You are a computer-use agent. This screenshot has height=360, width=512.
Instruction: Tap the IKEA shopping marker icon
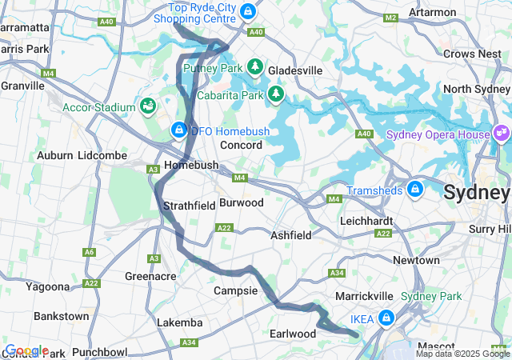[x=386, y=318]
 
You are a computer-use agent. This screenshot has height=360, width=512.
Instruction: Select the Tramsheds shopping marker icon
[x=414, y=190]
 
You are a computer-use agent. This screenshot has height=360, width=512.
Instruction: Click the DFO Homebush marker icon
[x=178, y=130]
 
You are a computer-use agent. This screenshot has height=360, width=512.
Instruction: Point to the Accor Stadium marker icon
[x=148, y=106]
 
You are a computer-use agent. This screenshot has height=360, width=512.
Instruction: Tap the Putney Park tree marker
[x=255, y=67]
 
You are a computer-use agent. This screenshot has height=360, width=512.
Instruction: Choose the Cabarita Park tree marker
[x=276, y=94]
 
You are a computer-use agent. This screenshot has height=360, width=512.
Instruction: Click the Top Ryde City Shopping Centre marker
[x=248, y=11]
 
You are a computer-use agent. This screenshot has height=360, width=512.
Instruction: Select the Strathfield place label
[x=190, y=206]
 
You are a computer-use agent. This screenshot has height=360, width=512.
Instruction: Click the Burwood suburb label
[x=241, y=203]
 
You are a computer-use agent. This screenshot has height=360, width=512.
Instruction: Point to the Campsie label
[x=235, y=291]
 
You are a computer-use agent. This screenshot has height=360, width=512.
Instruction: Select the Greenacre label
[x=150, y=277]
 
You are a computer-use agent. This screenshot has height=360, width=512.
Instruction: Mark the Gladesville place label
[x=295, y=70]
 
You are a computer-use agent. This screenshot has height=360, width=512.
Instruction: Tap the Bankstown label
[x=62, y=316]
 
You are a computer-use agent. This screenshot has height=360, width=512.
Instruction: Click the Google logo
[x=26, y=350]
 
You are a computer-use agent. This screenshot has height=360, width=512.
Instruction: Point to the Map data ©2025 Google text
[x=462, y=354]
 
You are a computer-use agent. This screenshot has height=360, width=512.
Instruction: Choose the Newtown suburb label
[x=416, y=260]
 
